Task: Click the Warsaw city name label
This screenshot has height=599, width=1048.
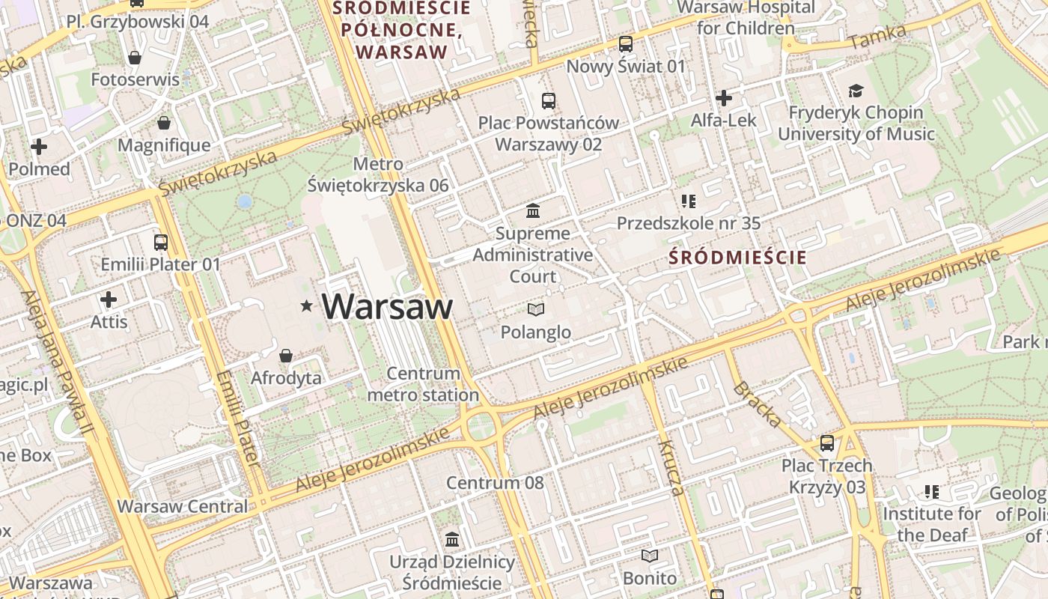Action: pos(387,307)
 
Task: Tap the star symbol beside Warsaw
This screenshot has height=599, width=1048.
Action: pos(306,305)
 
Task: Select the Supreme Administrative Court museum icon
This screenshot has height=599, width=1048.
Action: pos(533,210)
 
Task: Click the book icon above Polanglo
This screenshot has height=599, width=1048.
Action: pos(536,308)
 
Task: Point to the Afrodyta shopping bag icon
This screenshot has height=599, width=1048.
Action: pos(285,355)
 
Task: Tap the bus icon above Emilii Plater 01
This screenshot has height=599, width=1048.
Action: pos(161,242)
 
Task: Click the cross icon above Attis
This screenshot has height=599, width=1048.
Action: pos(109,300)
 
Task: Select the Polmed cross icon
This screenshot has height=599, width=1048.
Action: pos(39,147)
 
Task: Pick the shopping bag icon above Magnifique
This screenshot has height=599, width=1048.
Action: pos(164,122)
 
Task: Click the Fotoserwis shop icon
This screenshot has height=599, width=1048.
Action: pos(135,57)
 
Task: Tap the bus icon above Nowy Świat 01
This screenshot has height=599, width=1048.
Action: pos(626,44)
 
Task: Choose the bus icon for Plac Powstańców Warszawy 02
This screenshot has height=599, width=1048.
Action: pos(549,100)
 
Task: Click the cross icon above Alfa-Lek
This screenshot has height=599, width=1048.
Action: pos(723,98)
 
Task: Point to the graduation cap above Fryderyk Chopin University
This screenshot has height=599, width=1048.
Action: pos(856,91)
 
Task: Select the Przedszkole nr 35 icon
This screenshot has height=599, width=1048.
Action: pos(689,201)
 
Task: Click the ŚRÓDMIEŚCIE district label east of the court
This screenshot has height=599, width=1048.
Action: pos(737,258)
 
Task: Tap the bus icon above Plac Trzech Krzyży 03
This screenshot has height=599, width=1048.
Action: pos(827,443)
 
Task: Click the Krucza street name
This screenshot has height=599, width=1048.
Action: pos(671,467)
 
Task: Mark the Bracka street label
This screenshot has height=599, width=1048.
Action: pos(757,404)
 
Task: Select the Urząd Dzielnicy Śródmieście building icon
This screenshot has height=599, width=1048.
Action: pos(452,539)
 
